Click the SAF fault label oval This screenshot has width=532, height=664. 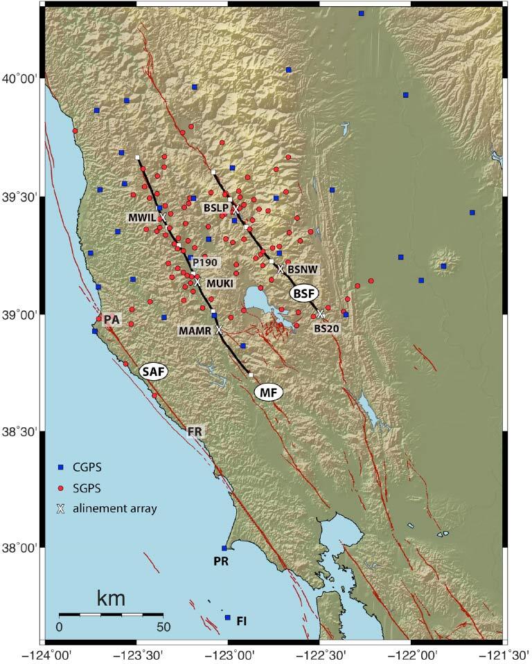click(154, 372)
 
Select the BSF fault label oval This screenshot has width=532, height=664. click(303, 294)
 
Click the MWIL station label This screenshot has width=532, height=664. click(142, 217)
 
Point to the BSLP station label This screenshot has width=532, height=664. click(215, 208)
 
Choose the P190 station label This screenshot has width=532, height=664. click(205, 262)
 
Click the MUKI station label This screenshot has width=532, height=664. click(220, 284)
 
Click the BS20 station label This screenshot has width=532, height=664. click(326, 329)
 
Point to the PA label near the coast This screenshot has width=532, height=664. click(112, 319)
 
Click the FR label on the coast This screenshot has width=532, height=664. click(195, 431)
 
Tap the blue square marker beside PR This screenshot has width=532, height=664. click(224, 548)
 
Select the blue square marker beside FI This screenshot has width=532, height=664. click(227, 618)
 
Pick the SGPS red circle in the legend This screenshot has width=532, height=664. click(61, 488)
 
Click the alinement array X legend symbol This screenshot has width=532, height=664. click(61, 509)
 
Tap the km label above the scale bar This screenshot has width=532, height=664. click(111, 597)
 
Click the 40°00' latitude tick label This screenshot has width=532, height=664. click(22, 80)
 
